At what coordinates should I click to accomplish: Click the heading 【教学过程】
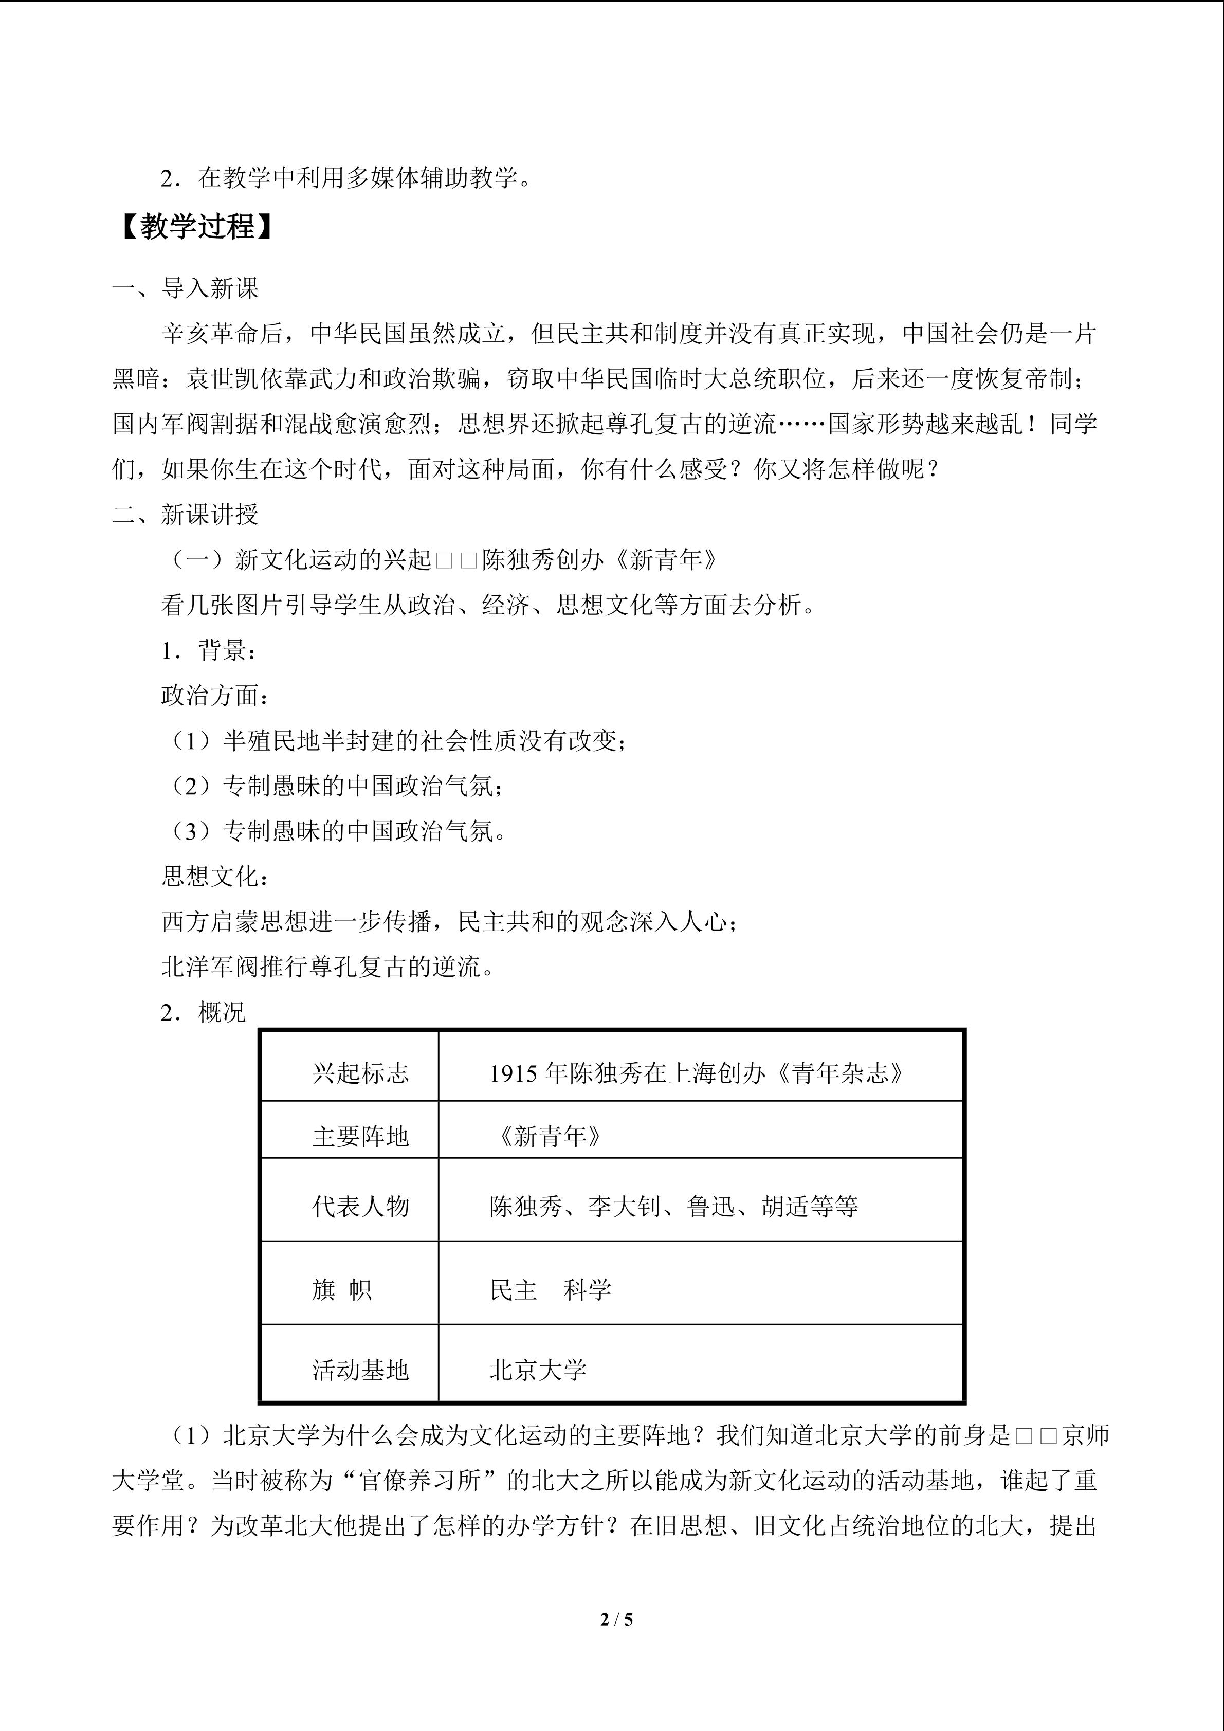[197, 227]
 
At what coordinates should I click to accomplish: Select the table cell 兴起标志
[360, 1073]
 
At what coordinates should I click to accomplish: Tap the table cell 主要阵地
[360, 1136]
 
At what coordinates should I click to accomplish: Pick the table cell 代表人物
[360, 1206]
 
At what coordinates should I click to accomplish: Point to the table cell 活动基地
[360, 1369]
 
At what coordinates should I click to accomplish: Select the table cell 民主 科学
[550, 1290]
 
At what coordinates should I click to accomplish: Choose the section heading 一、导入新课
[186, 288]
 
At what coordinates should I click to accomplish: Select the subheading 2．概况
[203, 1012]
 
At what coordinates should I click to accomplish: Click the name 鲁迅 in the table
[711, 1206]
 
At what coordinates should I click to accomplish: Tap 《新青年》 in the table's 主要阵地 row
[549, 1136]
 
